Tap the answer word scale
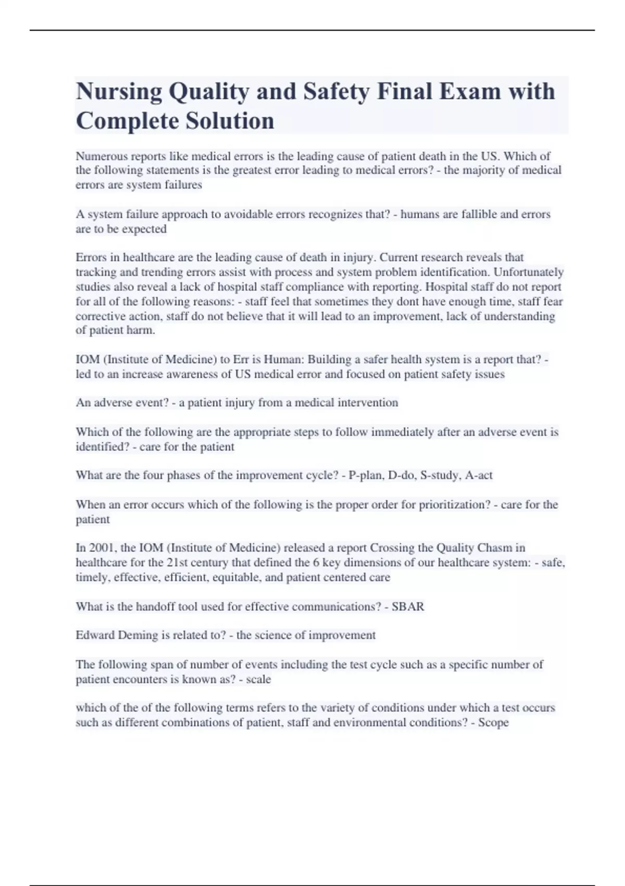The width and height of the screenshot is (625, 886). [258, 680]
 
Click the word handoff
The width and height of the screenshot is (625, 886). [155, 607]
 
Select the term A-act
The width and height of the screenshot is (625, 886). [479, 475]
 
